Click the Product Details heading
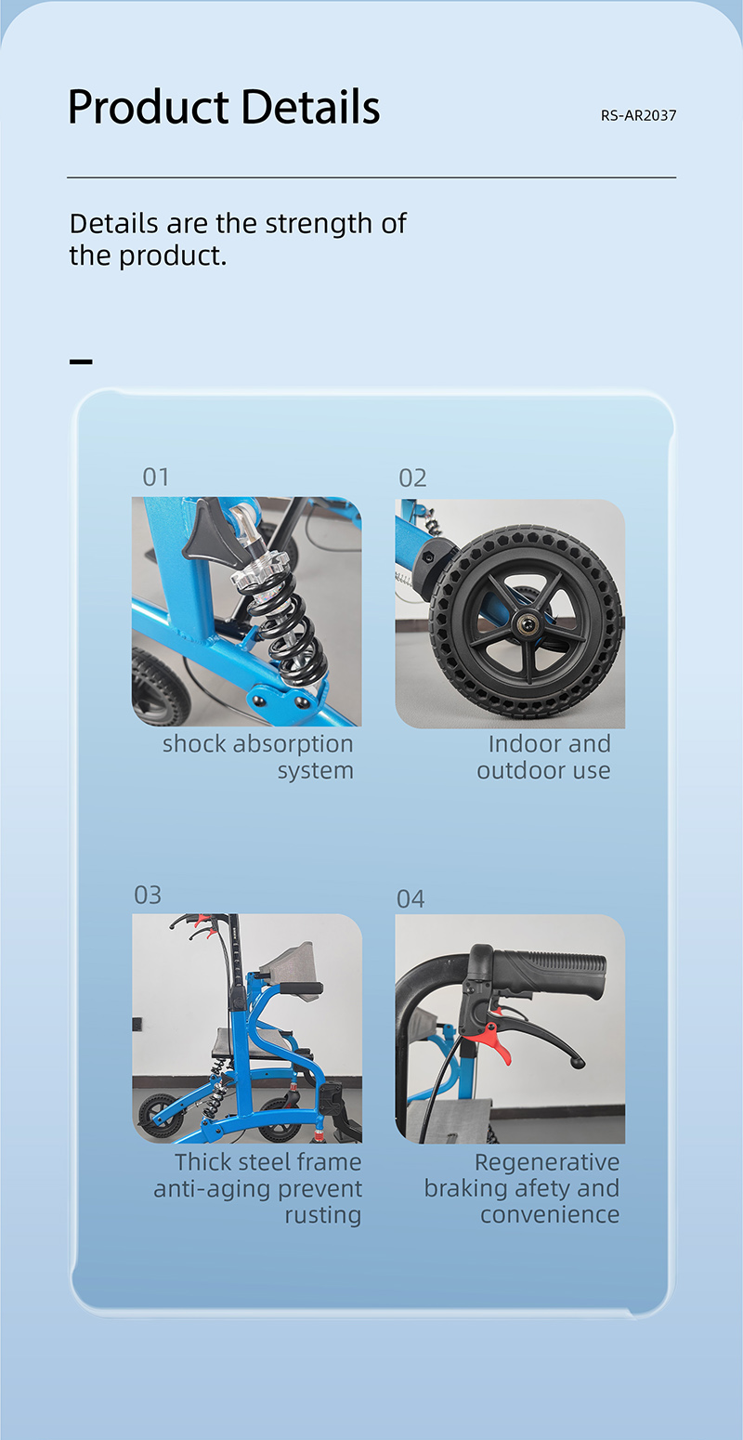point(224,107)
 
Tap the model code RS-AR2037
point(638,116)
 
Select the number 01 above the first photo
point(156,477)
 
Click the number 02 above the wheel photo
point(412,478)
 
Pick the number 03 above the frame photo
point(148,895)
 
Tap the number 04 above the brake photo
point(411,898)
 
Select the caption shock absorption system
point(258,756)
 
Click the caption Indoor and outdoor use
point(543,756)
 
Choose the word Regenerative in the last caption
point(547,1162)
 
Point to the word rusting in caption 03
point(322,1215)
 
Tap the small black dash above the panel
point(81,362)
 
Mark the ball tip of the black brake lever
point(579,1064)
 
